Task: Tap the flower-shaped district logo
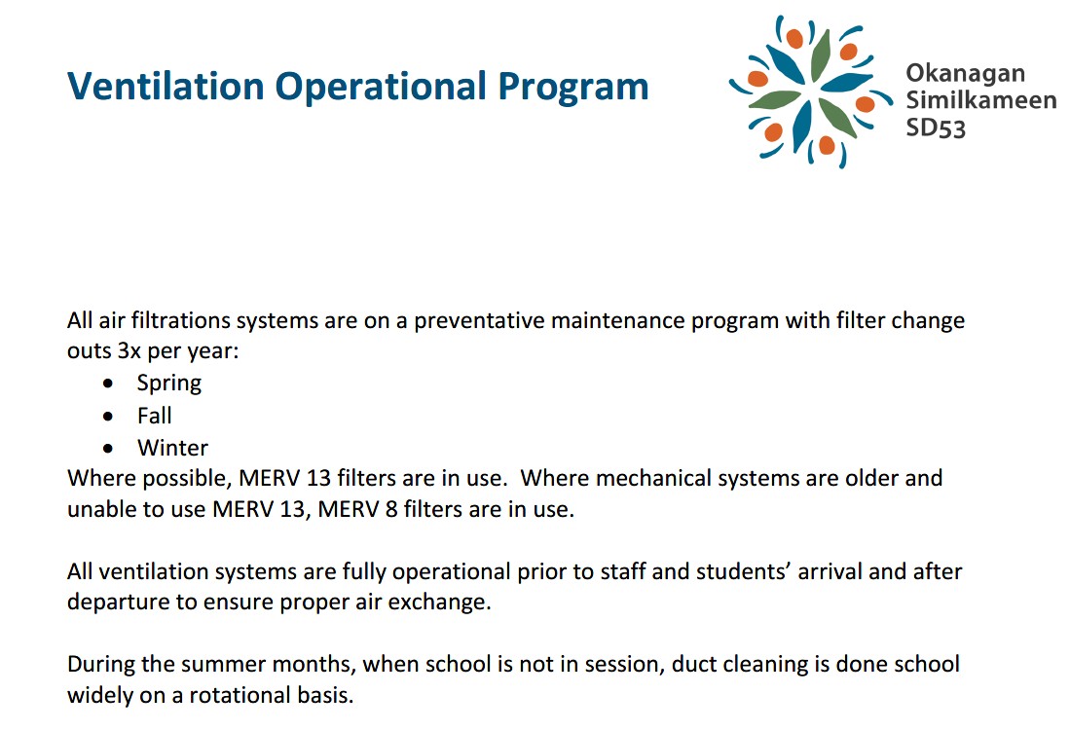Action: pyautogui.click(x=810, y=91)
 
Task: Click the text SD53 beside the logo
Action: pyautogui.click(x=935, y=128)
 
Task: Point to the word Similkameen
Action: pyautogui.click(x=980, y=100)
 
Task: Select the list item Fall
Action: pyautogui.click(x=154, y=416)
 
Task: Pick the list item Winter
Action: pyautogui.click(x=172, y=448)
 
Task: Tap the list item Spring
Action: pyautogui.click(x=168, y=384)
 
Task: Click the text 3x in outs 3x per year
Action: pyautogui.click(x=129, y=351)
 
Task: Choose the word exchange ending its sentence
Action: pyautogui.click(x=444, y=603)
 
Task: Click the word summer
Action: pyautogui.click(x=202, y=665)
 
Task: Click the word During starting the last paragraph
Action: pyautogui.click(x=100, y=665)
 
